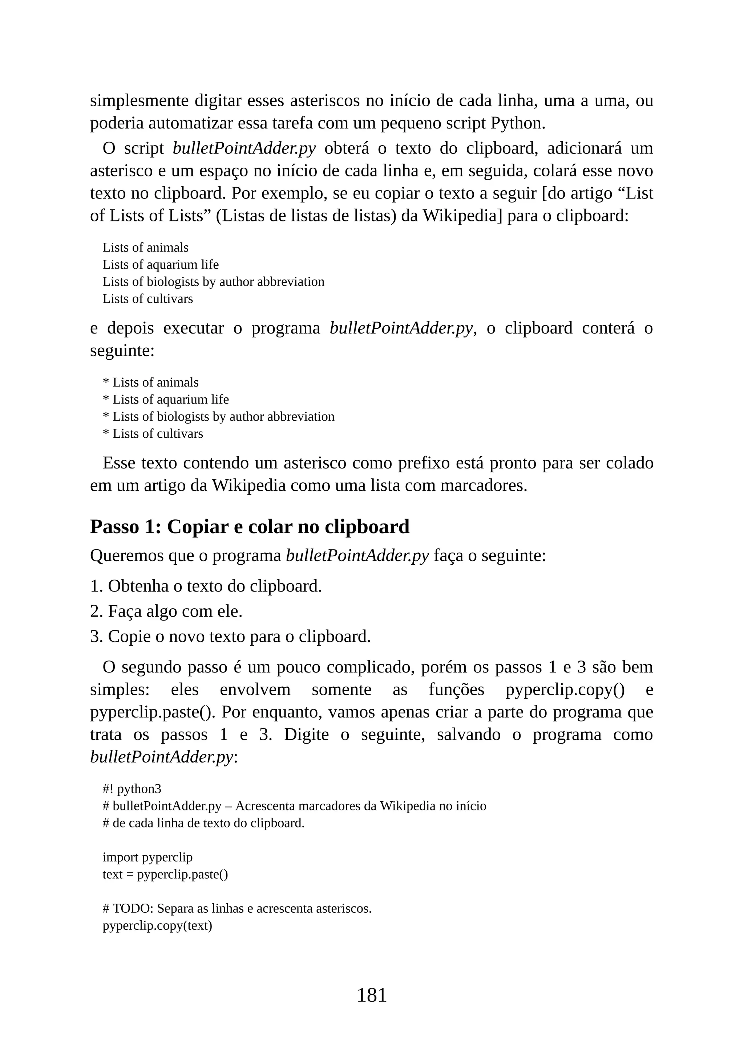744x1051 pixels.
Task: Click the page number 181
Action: pyautogui.click(x=372, y=995)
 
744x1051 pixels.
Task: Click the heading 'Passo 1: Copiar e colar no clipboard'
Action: pyautogui.click(x=250, y=527)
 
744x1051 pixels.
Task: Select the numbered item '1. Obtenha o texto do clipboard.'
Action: pyautogui.click(x=206, y=586)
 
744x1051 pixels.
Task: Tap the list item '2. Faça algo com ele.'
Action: pyautogui.click(x=166, y=611)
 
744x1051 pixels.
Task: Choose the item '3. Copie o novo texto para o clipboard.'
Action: pyautogui.click(x=230, y=636)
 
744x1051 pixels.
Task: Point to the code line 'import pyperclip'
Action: pyautogui.click(x=147, y=857)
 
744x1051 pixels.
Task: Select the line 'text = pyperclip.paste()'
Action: pyautogui.click(x=165, y=874)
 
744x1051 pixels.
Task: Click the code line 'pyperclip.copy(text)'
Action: pyautogui.click(x=157, y=925)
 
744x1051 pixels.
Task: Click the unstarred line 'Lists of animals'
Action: pyautogui.click(x=145, y=248)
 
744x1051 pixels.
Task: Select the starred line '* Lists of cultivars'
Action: pyautogui.click(x=153, y=433)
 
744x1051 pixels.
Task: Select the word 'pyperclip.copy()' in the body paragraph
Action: pyautogui.click(x=565, y=690)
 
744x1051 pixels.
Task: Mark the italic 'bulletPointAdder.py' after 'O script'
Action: pyautogui.click(x=244, y=148)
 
